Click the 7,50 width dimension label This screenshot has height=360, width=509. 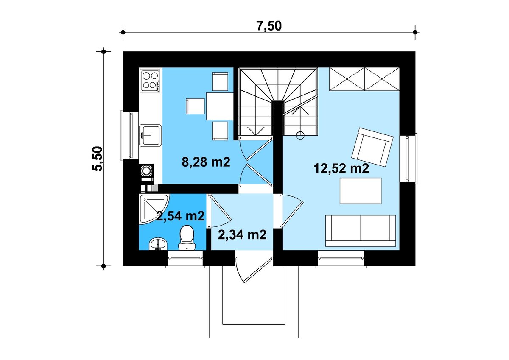click(x=269, y=26)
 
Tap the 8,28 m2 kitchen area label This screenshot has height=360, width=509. click(x=206, y=162)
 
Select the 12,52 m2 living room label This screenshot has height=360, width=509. click(x=341, y=168)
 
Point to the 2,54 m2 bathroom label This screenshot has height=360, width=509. click(x=180, y=216)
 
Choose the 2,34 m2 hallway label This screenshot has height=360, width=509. click(x=242, y=234)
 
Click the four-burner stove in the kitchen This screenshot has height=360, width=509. click(x=151, y=81)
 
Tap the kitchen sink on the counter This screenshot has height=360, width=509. click(x=151, y=135)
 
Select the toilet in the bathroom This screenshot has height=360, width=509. click(x=187, y=237)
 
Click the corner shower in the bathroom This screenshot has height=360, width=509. click(x=152, y=208)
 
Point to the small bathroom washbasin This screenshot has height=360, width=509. click(x=158, y=244)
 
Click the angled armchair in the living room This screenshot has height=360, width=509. click(x=372, y=147)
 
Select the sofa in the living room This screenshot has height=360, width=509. click(x=361, y=231)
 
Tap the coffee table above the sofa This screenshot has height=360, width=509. click(x=361, y=190)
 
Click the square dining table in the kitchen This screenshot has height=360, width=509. click(x=220, y=106)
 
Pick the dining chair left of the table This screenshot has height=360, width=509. click(x=195, y=106)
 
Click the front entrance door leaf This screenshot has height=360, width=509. click(x=258, y=270)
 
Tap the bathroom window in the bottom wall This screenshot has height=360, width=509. click(x=185, y=259)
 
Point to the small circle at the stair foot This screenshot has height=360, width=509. click(x=300, y=135)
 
